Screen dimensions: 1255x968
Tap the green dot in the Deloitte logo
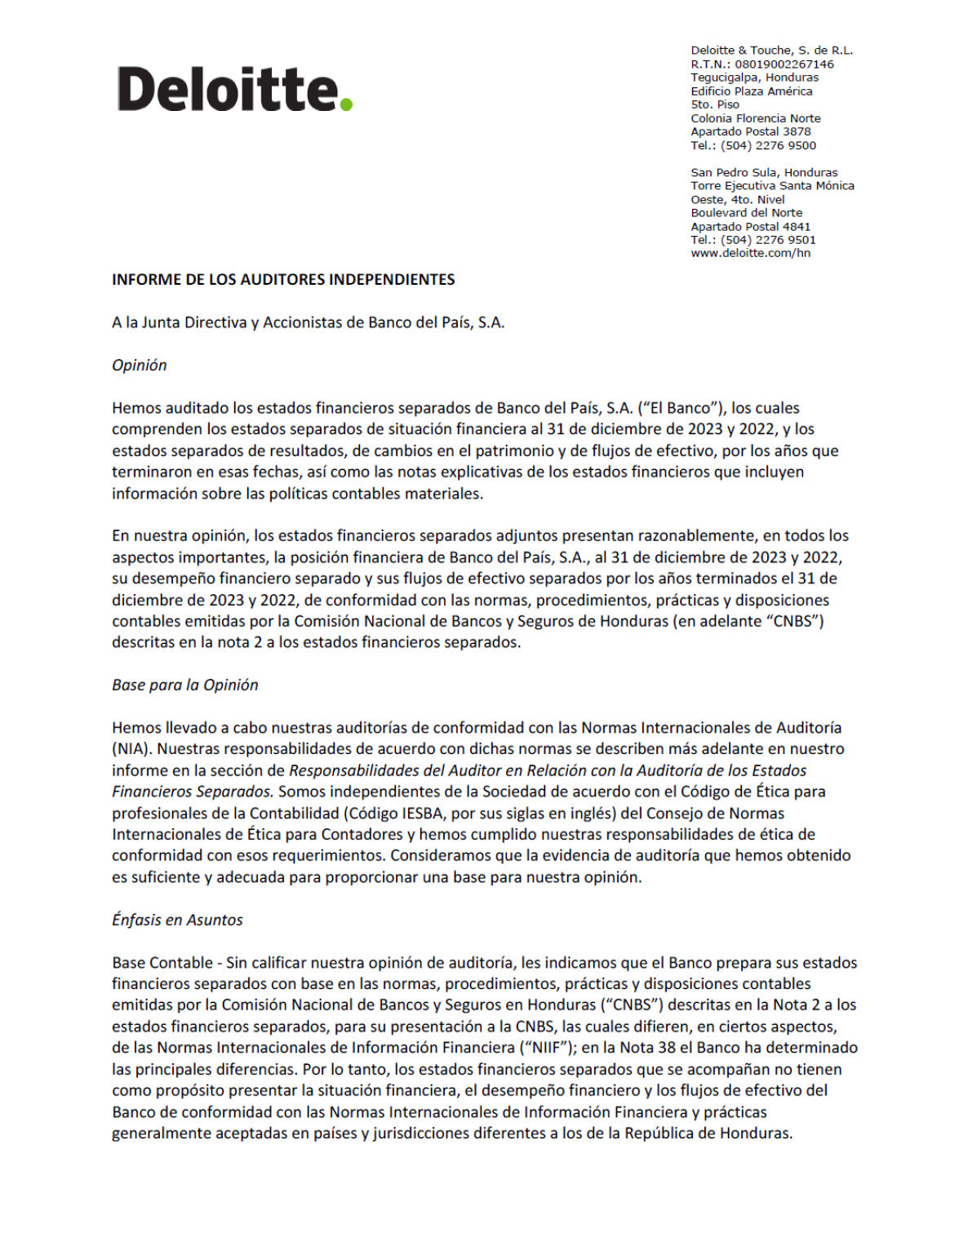click(346, 104)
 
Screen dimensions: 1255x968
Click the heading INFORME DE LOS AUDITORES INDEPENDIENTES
click(283, 279)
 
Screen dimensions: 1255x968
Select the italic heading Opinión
click(139, 365)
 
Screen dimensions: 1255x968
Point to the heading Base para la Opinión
click(184, 685)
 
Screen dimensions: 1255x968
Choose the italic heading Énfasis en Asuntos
click(177, 920)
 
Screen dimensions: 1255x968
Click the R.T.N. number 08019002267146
click(784, 64)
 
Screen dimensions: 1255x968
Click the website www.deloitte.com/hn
click(750, 253)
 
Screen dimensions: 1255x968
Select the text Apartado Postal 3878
click(750, 131)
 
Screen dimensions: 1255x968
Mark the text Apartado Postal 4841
click(750, 226)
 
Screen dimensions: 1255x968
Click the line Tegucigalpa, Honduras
click(754, 78)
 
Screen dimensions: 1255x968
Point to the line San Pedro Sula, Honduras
click(764, 172)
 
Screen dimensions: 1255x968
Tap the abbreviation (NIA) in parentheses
click(131, 748)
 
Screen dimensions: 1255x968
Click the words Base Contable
click(162, 962)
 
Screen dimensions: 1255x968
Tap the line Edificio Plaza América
click(751, 91)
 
